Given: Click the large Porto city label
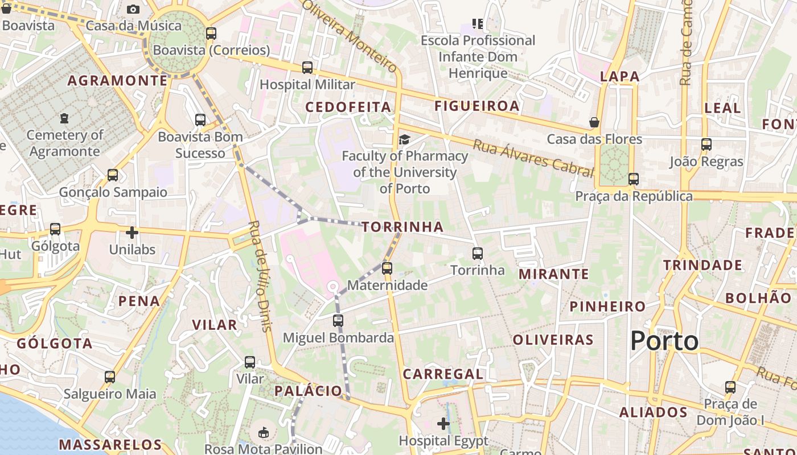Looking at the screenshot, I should coord(664,341).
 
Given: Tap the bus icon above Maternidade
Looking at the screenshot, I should coord(387,268).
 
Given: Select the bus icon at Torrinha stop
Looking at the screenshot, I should coord(478,253).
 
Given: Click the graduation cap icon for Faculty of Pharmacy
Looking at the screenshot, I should coord(404,140).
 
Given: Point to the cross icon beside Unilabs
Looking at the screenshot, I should coord(132,233).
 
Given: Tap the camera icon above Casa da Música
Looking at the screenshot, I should coord(133,9).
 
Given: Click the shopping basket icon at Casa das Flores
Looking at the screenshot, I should coord(594,122).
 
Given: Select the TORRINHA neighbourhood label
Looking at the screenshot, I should coord(402,227).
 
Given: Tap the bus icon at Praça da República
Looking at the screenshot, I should coord(634,179).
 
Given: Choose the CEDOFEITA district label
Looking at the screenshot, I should coord(348,107).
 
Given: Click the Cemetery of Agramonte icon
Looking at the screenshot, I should coord(64,118).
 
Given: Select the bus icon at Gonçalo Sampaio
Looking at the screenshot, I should coord(113,175).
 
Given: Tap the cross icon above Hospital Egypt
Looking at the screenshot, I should coord(443,423).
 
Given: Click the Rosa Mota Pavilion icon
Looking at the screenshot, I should coord(264,433).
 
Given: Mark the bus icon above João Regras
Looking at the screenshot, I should coord(706,144).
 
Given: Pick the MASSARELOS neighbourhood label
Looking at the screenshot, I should coord(110,444).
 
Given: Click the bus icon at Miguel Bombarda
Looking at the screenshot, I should coord(338,321).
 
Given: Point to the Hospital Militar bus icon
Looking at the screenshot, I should coord(307,68).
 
